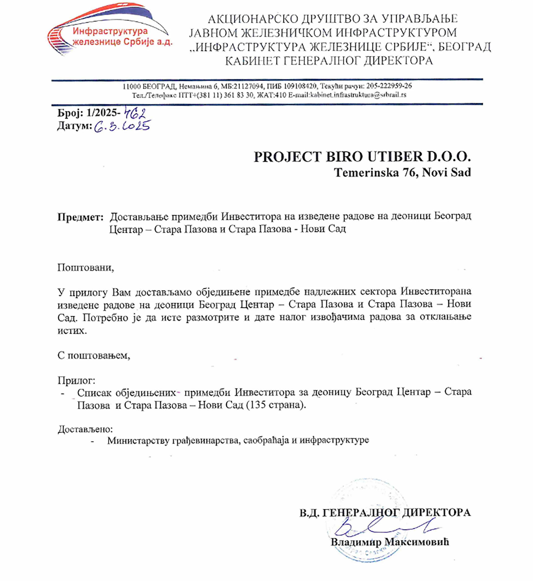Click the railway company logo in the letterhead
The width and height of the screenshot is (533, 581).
(x=110, y=30)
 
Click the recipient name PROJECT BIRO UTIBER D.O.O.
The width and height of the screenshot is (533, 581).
(x=362, y=157)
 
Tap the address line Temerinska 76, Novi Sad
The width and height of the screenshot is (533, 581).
(x=402, y=172)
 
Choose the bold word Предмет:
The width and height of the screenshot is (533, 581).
(x=80, y=217)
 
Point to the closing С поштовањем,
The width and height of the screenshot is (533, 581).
(x=94, y=355)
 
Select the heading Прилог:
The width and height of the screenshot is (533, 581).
(x=76, y=380)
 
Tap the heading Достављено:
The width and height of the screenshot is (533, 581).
(x=85, y=429)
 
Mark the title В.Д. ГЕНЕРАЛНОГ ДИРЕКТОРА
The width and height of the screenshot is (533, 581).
(x=385, y=512)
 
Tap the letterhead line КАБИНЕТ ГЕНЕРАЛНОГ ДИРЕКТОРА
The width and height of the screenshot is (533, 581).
(x=329, y=61)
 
